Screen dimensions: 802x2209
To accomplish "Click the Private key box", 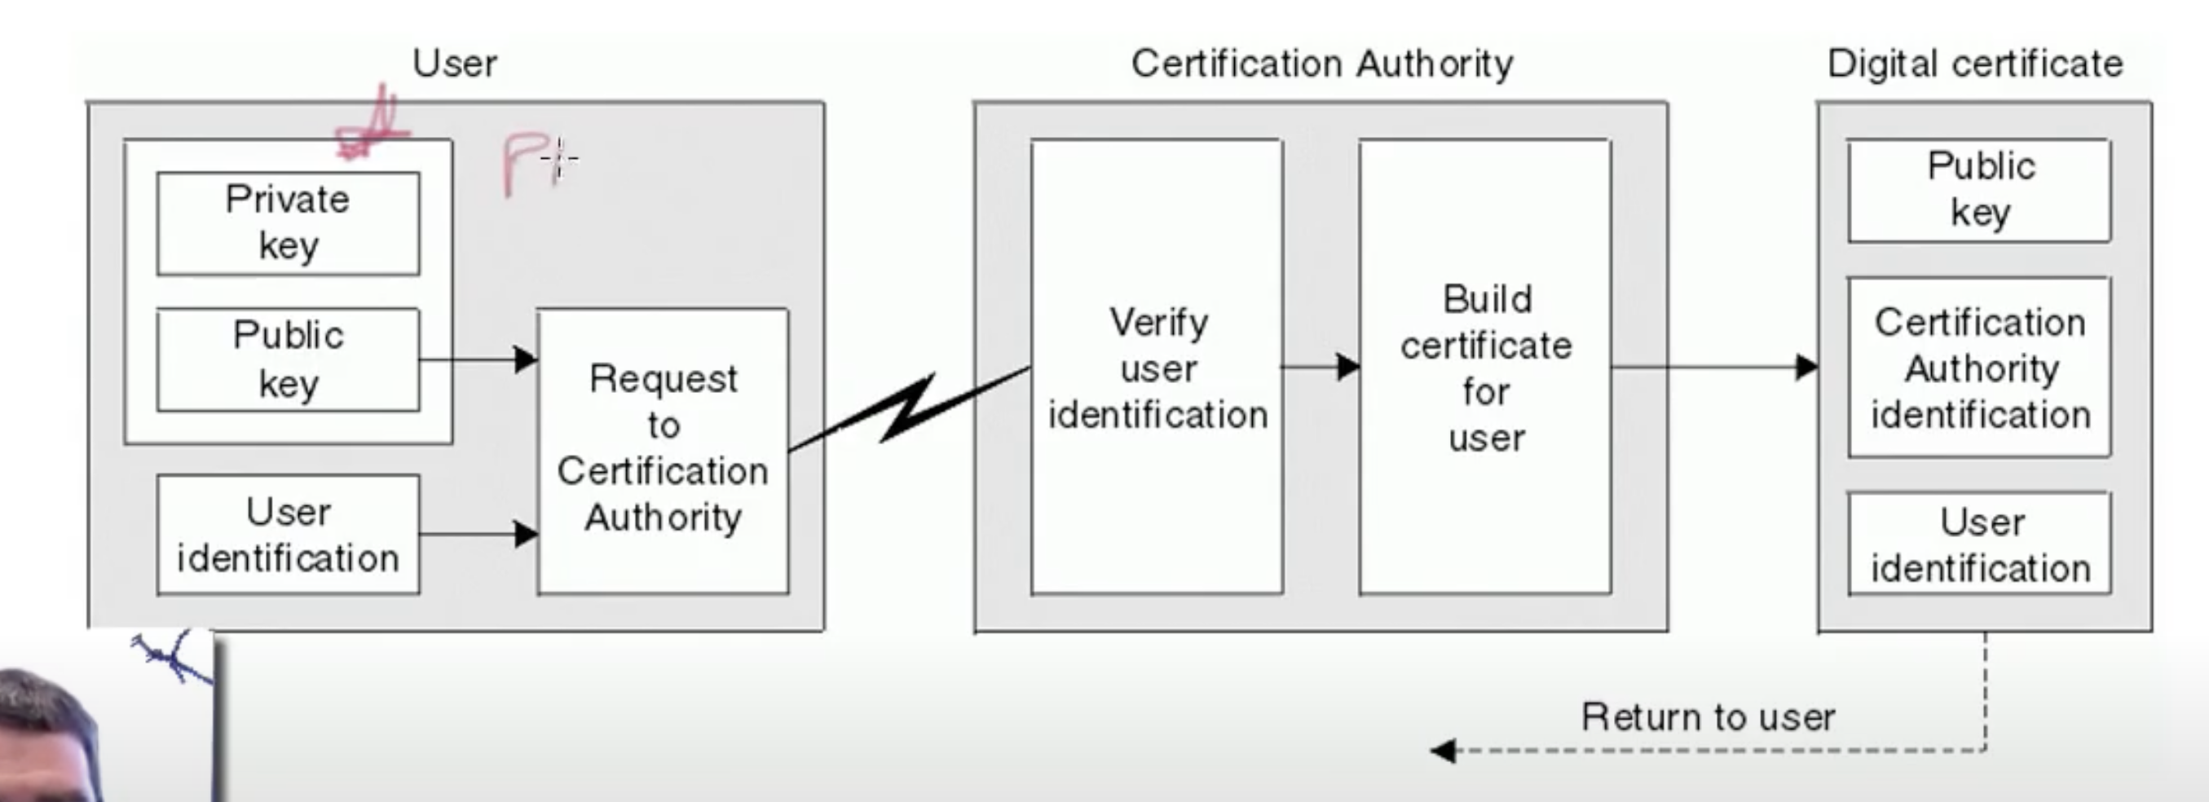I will [x=288, y=223].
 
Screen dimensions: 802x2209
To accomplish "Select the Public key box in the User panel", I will [x=288, y=359].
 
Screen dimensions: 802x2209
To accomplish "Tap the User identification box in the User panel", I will [x=288, y=535].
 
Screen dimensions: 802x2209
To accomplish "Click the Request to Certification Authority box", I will [x=663, y=451].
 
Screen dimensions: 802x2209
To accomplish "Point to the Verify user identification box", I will [x=1157, y=367].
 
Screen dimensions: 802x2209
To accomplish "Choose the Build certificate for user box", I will [x=1485, y=367].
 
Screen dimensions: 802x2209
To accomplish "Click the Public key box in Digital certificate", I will [x=1979, y=190].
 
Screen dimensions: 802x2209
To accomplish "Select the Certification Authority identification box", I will [x=1979, y=367].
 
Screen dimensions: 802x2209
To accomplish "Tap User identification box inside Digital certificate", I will [x=1979, y=544].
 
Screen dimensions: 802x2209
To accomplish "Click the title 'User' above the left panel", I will [x=455, y=64].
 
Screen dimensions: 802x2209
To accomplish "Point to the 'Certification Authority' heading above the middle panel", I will [x=1321, y=64].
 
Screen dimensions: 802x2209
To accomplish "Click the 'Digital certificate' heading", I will [x=1975, y=64].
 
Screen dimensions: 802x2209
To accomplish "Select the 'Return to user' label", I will [x=1708, y=716].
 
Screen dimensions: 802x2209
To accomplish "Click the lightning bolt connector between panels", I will [x=909, y=409].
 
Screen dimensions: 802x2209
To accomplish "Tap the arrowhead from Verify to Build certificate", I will [x=1348, y=367].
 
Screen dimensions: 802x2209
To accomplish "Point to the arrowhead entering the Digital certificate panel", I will [x=1806, y=367].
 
